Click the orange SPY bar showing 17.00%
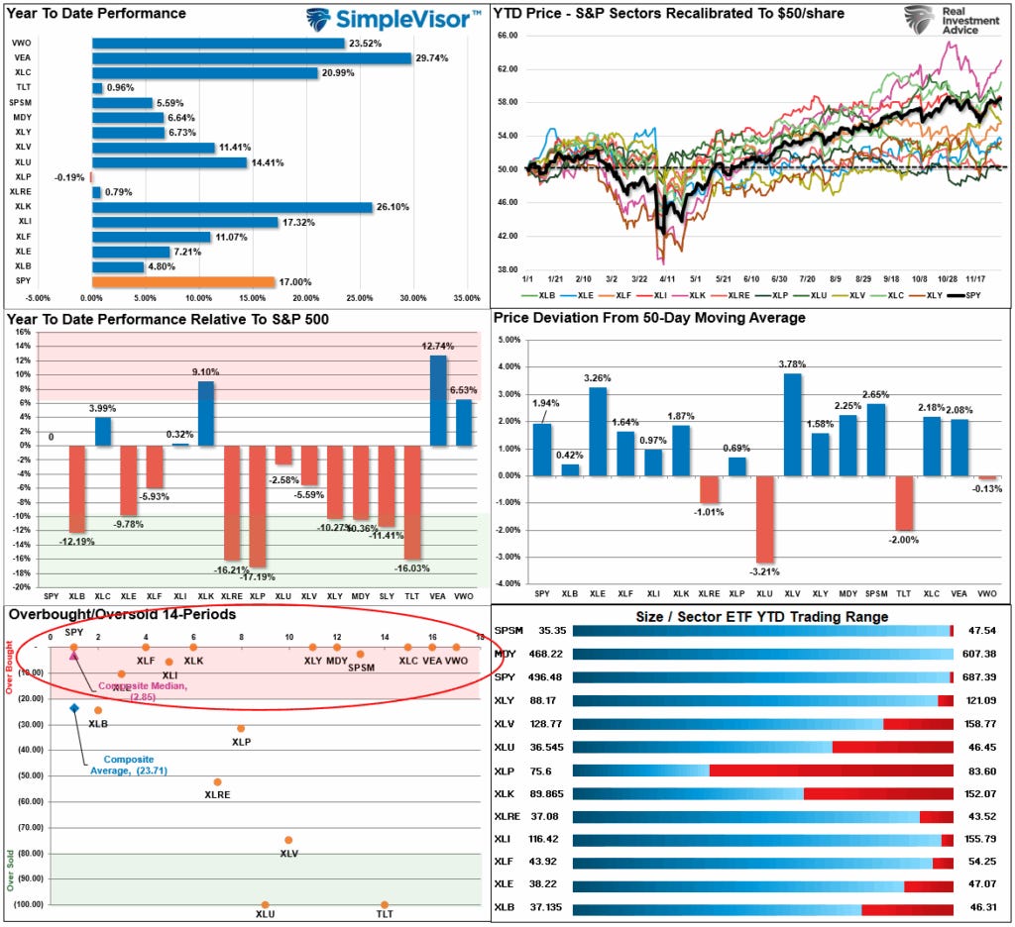[x=182, y=282]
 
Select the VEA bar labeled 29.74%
[x=251, y=58]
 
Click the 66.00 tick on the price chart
[x=507, y=35]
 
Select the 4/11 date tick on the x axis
[x=666, y=279]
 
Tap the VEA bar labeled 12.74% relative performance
[x=438, y=400]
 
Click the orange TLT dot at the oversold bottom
[x=385, y=904]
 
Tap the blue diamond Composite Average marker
[x=73, y=708]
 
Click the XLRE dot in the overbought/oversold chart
[x=217, y=782]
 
